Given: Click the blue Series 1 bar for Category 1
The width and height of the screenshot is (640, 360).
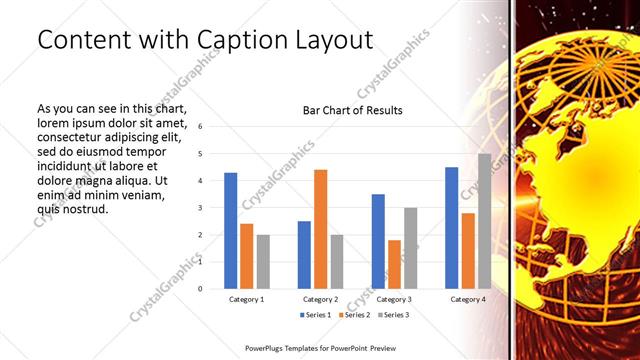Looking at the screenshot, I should (x=231, y=230).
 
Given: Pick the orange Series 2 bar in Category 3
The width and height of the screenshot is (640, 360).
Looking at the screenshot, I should (x=394, y=264).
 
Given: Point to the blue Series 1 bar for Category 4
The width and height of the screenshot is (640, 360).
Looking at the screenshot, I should (x=452, y=227).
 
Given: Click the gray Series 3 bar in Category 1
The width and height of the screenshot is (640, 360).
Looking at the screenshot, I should (x=263, y=261).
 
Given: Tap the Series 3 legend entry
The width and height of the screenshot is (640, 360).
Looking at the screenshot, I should (x=392, y=315).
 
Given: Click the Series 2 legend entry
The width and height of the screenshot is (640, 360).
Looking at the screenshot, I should (x=355, y=315).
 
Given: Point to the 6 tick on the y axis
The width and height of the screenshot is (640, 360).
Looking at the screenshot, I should (x=201, y=127).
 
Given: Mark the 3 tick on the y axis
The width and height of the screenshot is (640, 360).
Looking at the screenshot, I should (x=201, y=208).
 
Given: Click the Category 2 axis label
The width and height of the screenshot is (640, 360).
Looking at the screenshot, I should (x=320, y=299).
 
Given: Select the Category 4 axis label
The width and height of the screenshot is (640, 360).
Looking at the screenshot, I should (x=467, y=299).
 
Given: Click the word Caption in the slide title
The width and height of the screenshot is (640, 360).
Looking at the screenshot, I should (x=241, y=40).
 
